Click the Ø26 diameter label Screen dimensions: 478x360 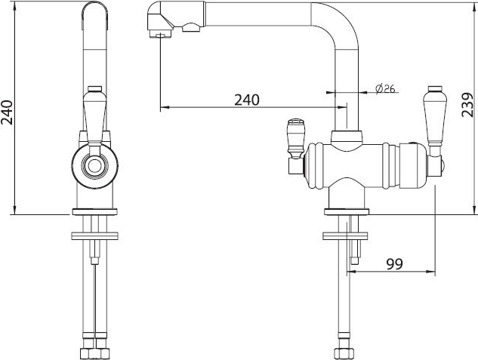point(385,88)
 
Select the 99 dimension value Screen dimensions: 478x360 point(394,263)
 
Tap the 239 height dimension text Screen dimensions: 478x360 point(467,105)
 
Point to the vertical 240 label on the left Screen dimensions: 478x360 point(7,112)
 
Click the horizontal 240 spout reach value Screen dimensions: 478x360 point(247,100)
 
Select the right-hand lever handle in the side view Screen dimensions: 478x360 point(435,115)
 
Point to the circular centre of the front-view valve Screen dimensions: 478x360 point(94,166)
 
